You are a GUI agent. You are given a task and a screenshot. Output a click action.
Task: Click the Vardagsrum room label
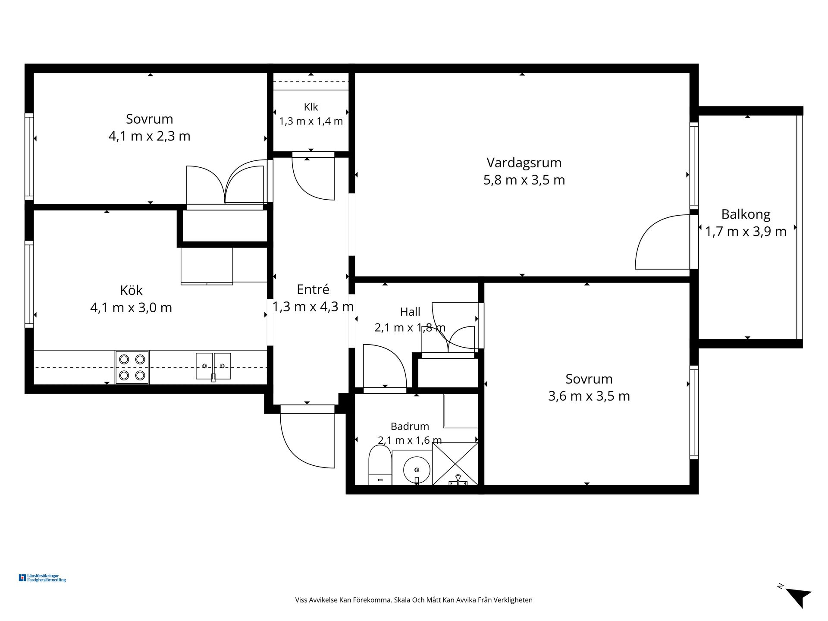pyautogui.click(x=524, y=163)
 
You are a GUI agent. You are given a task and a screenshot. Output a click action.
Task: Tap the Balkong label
pyautogui.click(x=746, y=214)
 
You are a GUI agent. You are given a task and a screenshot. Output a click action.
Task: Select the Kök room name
pyautogui.click(x=131, y=290)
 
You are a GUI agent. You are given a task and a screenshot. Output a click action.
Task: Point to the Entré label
pyautogui.click(x=313, y=289)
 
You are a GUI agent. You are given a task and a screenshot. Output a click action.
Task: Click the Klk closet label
pyautogui.click(x=311, y=107)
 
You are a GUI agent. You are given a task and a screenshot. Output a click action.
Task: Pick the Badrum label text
pyautogui.click(x=410, y=427)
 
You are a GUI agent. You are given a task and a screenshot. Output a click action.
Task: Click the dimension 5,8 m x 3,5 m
pyautogui.click(x=524, y=180)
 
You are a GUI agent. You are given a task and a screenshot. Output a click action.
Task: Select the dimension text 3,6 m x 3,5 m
pyautogui.click(x=589, y=396)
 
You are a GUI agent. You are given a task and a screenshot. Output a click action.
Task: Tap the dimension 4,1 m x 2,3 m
pyautogui.click(x=149, y=136)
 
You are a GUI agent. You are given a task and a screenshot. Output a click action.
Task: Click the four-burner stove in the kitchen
pyautogui.click(x=132, y=367)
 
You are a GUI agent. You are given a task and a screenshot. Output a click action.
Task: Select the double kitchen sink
pyautogui.click(x=213, y=366)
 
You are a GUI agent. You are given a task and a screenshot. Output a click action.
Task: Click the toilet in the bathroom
pyautogui.click(x=380, y=465)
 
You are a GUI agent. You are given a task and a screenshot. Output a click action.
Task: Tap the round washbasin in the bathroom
pyautogui.click(x=417, y=468)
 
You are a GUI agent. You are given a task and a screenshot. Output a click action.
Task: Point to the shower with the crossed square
pyautogui.click(x=455, y=464)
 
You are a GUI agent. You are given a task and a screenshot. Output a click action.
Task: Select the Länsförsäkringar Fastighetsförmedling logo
pyautogui.click(x=42, y=578)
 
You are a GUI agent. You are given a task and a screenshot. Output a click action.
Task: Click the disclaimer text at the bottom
pyautogui.click(x=414, y=600)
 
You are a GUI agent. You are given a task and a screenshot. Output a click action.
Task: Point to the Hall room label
pyautogui.click(x=410, y=312)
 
